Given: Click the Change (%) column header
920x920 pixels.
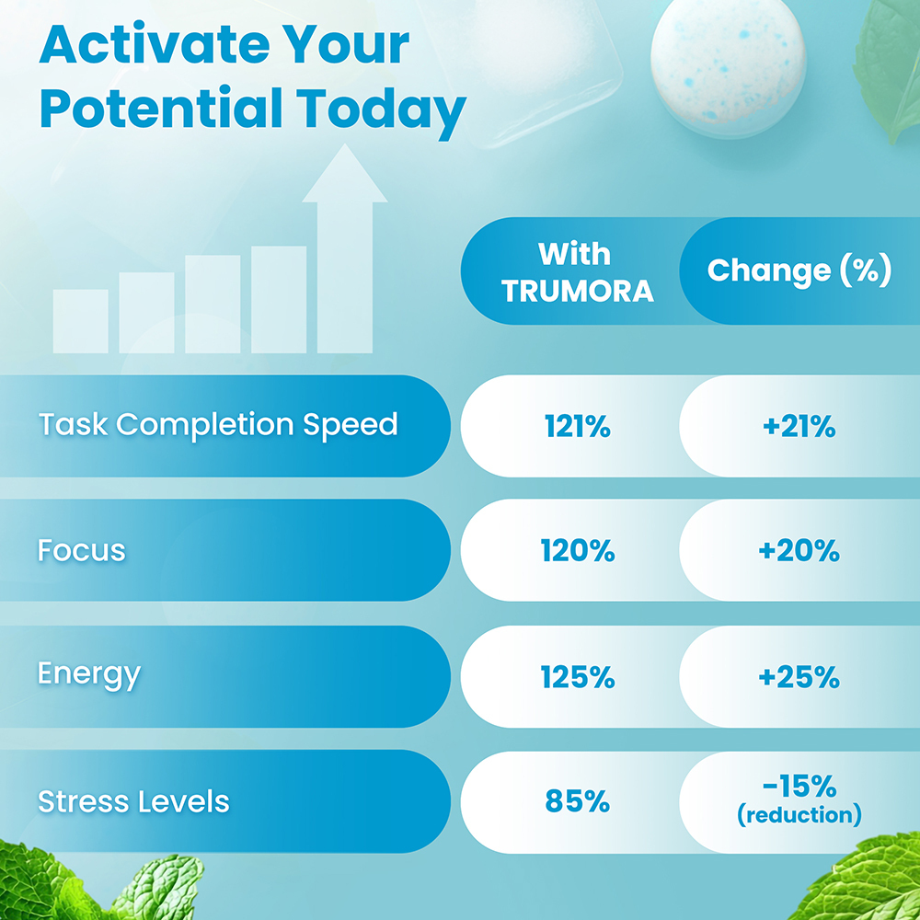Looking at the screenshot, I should tap(799, 270).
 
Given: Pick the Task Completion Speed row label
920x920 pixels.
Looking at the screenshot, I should tap(218, 425).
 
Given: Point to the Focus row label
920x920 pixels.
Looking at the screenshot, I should tap(82, 550).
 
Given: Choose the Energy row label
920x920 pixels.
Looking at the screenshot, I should tap(88, 674).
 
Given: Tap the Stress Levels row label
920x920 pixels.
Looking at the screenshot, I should tap(133, 801).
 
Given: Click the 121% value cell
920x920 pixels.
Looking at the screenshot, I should tap(577, 426).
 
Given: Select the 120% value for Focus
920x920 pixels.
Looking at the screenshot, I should tap(577, 551).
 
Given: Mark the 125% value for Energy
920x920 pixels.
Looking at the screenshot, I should tap(577, 677).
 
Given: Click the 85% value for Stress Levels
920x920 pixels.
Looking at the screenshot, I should tap(577, 801).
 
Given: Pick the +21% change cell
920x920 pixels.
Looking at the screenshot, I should tap(799, 426).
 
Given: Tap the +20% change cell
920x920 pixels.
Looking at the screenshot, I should tap(799, 551).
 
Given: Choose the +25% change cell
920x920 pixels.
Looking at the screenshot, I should tap(799, 677).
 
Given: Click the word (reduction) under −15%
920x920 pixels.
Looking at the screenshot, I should tap(799, 815).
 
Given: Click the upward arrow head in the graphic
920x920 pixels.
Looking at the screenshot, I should tap(344, 175).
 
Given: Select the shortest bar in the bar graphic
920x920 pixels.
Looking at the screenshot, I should tap(80, 322).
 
